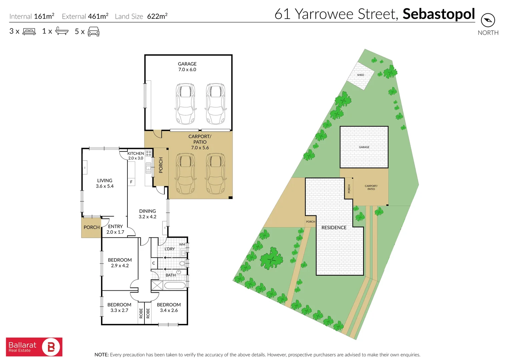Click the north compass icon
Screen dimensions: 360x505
pos(488,20)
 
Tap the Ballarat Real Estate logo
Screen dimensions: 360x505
pos(34,347)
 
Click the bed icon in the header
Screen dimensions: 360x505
pos(29,32)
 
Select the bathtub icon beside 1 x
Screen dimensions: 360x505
pos(62,31)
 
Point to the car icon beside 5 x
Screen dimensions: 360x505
pos(93,32)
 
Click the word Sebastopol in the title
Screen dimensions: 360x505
pos(439,14)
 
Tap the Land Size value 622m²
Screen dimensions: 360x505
pos(157,16)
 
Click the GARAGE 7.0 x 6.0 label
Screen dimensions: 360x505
pos(187,67)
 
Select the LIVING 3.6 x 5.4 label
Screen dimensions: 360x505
pos(105,183)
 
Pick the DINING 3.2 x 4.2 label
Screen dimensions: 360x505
pos(147,214)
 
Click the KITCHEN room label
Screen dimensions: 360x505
pos(135,154)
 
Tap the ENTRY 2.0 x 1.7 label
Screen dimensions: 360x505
pos(115,229)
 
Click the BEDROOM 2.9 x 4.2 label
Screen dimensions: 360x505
pos(120,263)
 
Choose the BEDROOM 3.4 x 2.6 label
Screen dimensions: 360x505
pos(169,307)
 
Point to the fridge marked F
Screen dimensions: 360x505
pos(131,182)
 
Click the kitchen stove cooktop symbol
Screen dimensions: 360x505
pos(148,154)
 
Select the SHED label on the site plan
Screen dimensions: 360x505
pos(361,75)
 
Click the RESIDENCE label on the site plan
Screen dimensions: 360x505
pos(334,228)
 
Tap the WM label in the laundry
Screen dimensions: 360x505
pos(182,244)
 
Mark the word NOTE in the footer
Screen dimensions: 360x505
pos(101,355)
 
